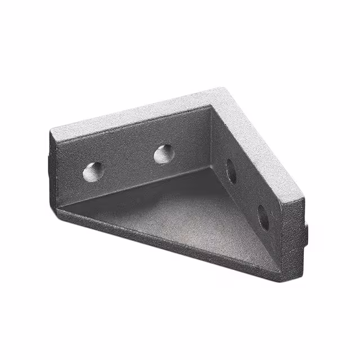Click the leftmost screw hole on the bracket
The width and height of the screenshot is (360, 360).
[x=93, y=172]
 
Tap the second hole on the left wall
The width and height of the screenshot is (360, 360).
[x=164, y=154]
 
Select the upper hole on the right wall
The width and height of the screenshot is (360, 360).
[x=231, y=171]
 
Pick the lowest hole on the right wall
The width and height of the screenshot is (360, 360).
[x=263, y=217]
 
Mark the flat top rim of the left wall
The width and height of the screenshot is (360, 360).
[x=129, y=115]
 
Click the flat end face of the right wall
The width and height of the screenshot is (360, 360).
[x=292, y=236]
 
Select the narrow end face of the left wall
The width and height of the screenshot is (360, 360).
[x=52, y=169]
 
